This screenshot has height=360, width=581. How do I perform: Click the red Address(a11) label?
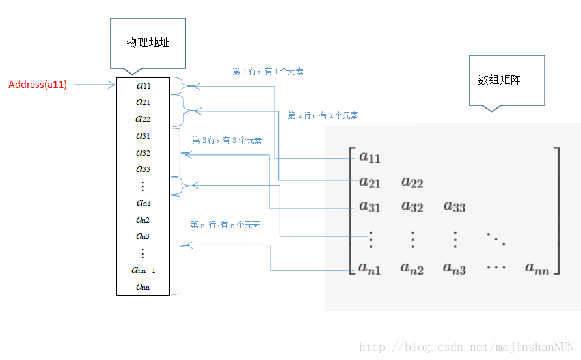[38, 85]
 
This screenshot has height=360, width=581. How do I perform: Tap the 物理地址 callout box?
[148, 42]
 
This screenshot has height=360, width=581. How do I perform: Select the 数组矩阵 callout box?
[506, 79]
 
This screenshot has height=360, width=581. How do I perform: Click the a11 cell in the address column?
[143, 85]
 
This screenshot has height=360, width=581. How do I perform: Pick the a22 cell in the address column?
[143, 119]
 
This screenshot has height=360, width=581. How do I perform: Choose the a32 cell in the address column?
[143, 152]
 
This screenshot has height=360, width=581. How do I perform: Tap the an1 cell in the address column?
[143, 203]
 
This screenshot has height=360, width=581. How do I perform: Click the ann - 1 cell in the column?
[143, 270]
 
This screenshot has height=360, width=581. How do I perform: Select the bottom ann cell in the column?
[143, 286]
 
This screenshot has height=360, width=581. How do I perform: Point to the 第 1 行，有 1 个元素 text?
[267, 71]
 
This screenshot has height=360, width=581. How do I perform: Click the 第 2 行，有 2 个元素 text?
[323, 115]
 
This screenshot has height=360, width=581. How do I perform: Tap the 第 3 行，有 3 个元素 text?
[227, 140]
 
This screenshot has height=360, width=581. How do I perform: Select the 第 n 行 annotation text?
[224, 225]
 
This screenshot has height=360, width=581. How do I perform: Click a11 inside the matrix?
[370, 157]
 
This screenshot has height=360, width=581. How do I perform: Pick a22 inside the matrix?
[412, 182]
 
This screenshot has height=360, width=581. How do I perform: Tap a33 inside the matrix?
[455, 207]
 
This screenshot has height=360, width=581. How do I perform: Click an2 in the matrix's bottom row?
[412, 268]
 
